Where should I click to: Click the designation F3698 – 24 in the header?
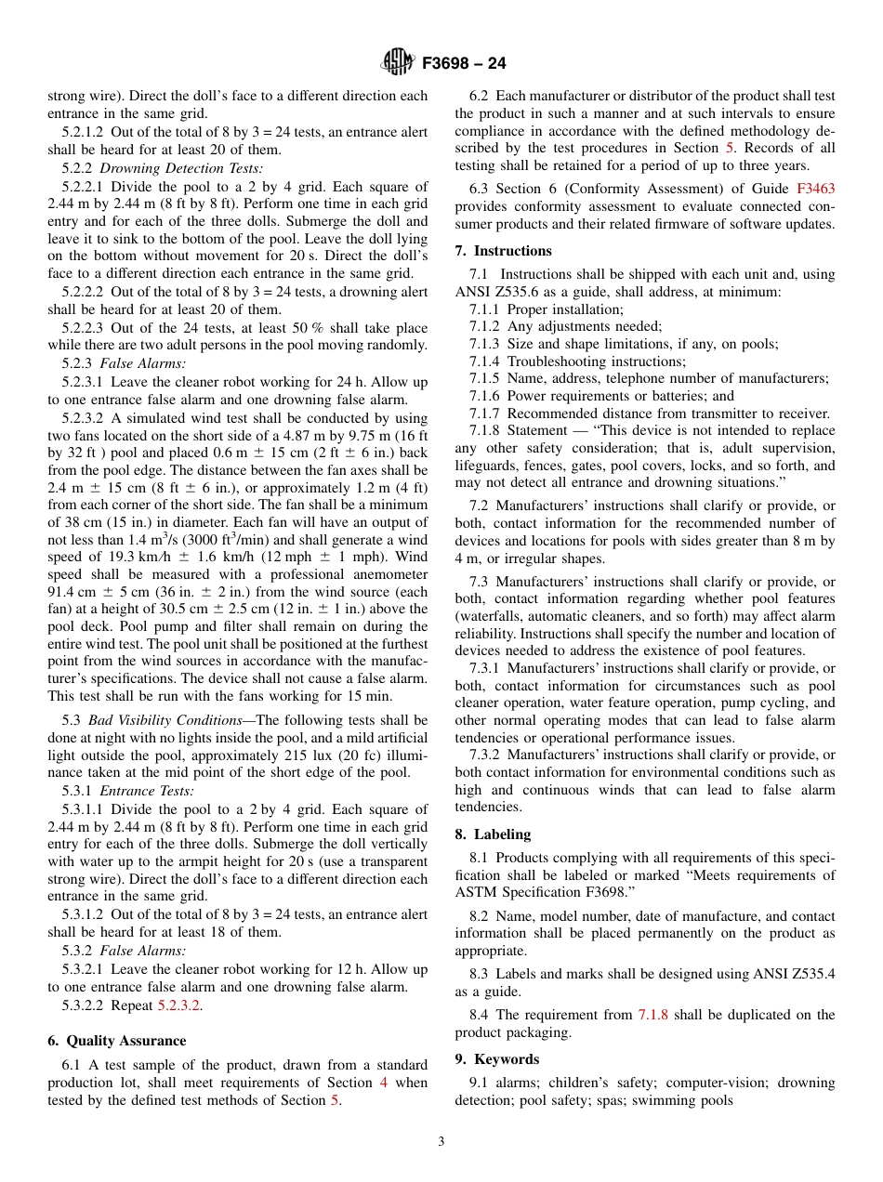click(x=464, y=64)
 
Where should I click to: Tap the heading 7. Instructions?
click(x=503, y=251)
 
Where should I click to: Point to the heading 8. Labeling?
click(x=493, y=834)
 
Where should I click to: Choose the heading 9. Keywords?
click(x=496, y=1059)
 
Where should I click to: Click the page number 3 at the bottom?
click(x=441, y=1141)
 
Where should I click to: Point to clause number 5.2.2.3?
click(x=83, y=328)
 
